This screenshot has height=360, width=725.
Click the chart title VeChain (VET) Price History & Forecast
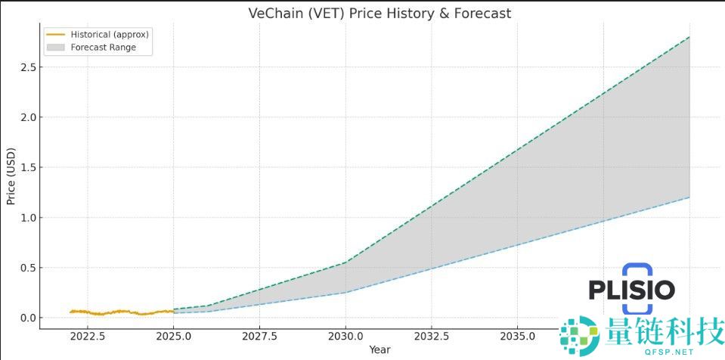click(380, 14)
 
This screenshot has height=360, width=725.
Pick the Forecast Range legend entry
click(103, 47)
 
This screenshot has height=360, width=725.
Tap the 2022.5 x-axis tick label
click(88, 336)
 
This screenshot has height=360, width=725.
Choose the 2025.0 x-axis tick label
click(174, 336)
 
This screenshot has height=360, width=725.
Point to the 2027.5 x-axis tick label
click(260, 336)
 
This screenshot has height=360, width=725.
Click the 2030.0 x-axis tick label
click(345, 336)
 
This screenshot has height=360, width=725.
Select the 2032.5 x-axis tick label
click(432, 336)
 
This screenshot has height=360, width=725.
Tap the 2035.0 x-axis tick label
click(517, 336)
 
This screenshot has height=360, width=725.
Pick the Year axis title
click(380, 349)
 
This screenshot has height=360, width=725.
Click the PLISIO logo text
click(631, 289)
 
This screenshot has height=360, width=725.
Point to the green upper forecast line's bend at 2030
click(345, 262)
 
